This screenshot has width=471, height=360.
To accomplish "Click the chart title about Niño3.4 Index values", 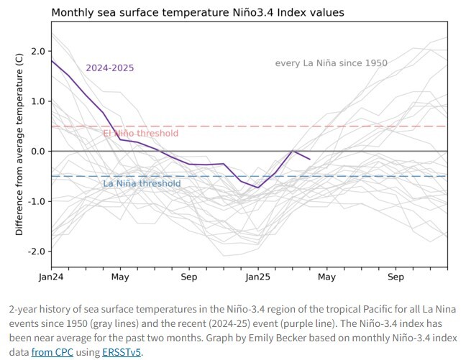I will [198, 13].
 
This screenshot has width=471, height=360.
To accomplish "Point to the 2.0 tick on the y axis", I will [37, 52].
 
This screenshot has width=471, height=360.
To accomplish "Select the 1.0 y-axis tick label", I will [37, 101].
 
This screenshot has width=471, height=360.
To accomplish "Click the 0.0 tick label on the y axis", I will [37, 152].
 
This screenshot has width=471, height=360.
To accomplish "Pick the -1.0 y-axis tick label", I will [36, 201].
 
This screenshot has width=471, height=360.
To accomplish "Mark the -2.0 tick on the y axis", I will [36, 251].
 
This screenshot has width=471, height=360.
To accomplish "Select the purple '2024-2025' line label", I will [110, 68].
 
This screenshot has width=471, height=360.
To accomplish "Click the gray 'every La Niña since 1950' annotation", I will [331, 63].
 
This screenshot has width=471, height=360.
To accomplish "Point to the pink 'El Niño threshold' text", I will [140, 134].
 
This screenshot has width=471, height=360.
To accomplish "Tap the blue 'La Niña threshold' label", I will [142, 184].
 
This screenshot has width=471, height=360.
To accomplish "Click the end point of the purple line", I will [309, 159].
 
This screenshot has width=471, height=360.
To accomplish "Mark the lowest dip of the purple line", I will [257, 188].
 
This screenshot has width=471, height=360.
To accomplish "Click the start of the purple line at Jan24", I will [52, 60].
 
